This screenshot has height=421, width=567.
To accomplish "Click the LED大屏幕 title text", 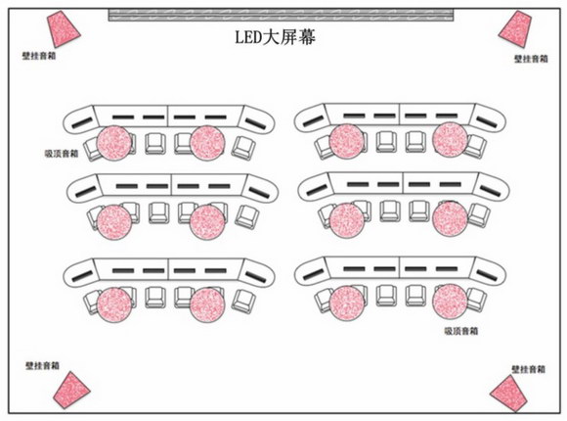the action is click(x=275, y=37).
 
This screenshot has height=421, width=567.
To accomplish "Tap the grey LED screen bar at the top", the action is click(x=281, y=16).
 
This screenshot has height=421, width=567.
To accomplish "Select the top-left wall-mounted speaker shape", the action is click(x=63, y=28).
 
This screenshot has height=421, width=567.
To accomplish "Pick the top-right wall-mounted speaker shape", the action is click(x=515, y=29).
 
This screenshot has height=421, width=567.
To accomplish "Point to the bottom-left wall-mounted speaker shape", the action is click(x=71, y=391).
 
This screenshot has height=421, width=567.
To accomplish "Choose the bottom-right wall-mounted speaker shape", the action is click(x=509, y=394).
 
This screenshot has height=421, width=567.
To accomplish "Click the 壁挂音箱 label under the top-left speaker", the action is click(x=39, y=56).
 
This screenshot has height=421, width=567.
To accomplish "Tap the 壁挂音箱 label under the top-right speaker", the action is click(x=531, y=59).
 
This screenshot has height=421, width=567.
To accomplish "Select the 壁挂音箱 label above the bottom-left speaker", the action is click(x=42, y=365).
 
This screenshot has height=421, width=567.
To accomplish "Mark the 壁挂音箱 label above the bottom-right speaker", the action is click(x=528, y=369).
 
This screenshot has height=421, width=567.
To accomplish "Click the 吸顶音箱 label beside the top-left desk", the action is click(x=62, y=154).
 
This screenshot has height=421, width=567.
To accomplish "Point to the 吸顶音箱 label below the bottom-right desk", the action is click(x=461, y=331).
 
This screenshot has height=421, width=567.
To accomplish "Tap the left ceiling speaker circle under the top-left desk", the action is click(x=114, y=143).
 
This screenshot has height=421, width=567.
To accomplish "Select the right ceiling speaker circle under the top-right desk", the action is click(x=450, y=140).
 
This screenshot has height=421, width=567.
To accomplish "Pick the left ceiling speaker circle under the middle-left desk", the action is click(x=114, y=222).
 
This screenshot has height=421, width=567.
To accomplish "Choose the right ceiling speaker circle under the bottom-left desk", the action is click(x=207, y=304).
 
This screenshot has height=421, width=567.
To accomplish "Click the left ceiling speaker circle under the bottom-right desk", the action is click(x=347, y=303).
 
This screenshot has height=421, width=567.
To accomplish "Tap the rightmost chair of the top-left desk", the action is click(x=243, y=148).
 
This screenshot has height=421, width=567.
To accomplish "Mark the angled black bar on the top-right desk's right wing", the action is click(x=487, y=122).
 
